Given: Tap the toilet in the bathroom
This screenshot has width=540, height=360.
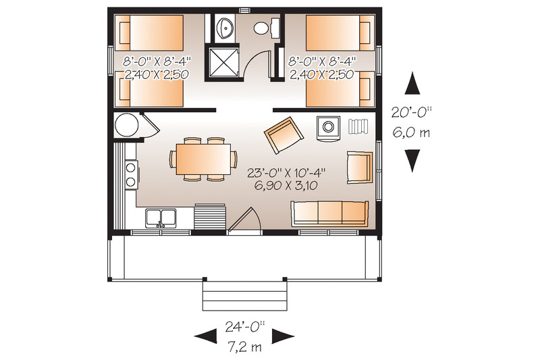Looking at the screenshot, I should [x=264, y=28].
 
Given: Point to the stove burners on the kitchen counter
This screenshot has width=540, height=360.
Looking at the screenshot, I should [x=130, y=174].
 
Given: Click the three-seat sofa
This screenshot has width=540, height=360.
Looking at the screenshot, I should [x=330, y=213].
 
